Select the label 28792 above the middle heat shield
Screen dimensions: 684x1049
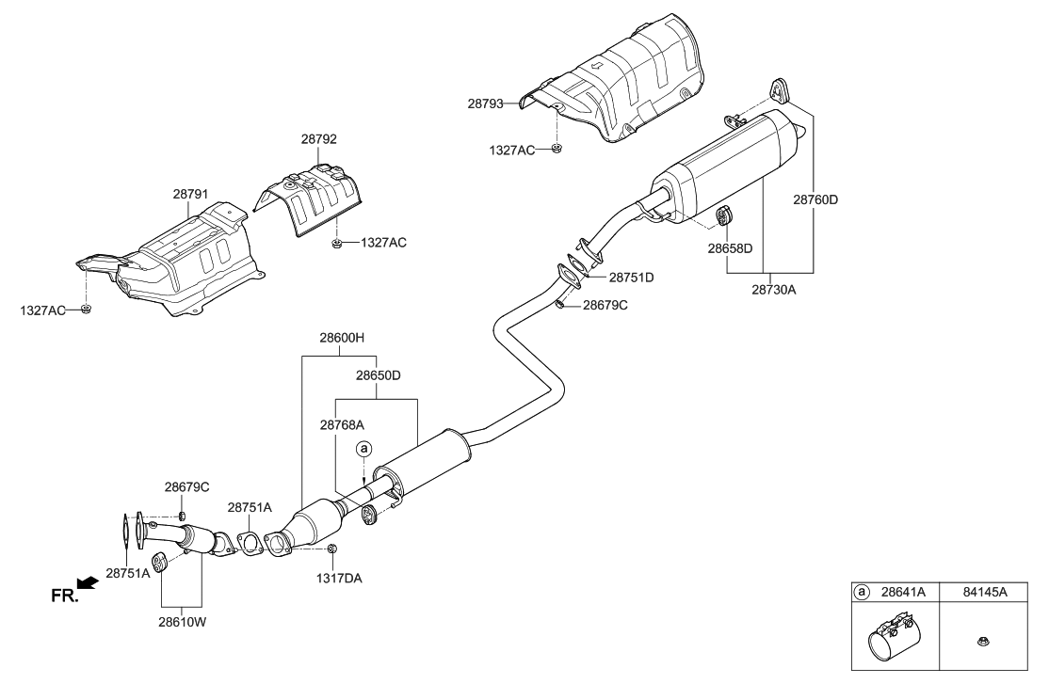pyautogui.click(x=319, y=138)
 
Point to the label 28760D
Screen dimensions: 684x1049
pyautogui.click(x=815, y=199)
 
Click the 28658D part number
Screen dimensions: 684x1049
pyautogui.click(x=731, y=248)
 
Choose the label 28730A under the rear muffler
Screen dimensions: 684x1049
pyautogui.click(x=774, y=290)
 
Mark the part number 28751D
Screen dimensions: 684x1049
pyautogui.click(x=631, y=278)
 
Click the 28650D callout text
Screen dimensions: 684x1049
pyautogui.click(x=378, y=374)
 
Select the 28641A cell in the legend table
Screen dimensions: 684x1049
pyautogui.click(x=900, y=593)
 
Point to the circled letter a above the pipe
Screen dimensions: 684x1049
pyautogui.click(x=364, y=450)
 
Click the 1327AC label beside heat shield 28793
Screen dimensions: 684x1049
pyautogui.click(x=515, y=150)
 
